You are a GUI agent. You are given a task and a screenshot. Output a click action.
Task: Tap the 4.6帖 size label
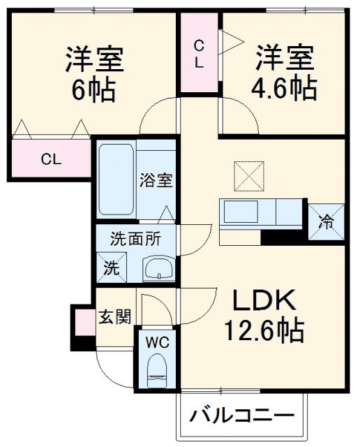pyautogui.click(x=285, y=89)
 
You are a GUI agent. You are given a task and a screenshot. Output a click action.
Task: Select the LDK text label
pyautogui.click(x=263, y=301)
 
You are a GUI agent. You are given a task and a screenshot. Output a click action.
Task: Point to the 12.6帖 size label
pyautogui.click(x=263, y=329)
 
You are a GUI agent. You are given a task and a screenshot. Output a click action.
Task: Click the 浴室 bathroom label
pyautogui.click(x=155, y=179)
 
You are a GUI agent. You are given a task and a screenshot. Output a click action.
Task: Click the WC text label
pyautogui.click(x=158, y=343)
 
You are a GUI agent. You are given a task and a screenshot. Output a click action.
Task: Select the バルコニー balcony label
pyautogui.click(x=241, y=416)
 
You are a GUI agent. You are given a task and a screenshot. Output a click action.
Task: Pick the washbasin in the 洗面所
pyautogui.click(x=159, y=268)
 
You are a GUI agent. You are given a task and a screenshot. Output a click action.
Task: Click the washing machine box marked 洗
pyautogui.click(x=112, y=266)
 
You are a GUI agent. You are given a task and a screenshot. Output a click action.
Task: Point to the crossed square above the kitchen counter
pyautogui.click(x=248, y=173)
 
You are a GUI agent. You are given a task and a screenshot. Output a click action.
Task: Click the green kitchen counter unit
pyautogui.click(x=262, y=212)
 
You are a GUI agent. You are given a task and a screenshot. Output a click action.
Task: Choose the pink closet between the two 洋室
pyautogui.click(x=200, y=53)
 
